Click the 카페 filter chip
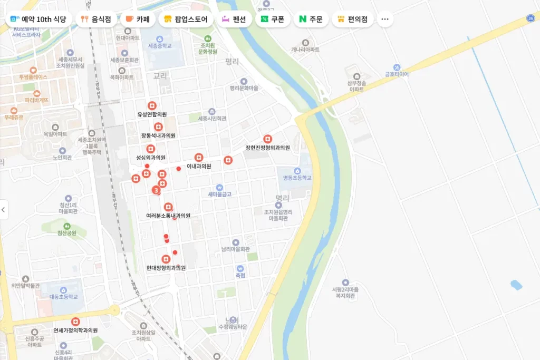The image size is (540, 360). click(137, 20)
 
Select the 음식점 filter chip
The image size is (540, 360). click(95, 20)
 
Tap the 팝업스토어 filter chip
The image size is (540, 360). click(186, 20)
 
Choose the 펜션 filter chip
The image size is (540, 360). click(234, 20)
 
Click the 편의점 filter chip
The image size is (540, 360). click(352, 20)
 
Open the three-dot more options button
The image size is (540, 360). click(384, 20)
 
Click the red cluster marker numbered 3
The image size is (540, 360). click(156, 190)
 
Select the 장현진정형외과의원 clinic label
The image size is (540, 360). click(267, 148)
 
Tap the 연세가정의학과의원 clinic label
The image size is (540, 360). click(76, 330)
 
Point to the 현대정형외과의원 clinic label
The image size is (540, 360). click(166, 267)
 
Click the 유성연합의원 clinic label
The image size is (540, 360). click(152, 114)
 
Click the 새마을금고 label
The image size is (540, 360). click(219, 194)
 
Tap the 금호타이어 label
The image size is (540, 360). click(397, 74)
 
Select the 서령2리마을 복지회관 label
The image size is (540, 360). click(345, 293)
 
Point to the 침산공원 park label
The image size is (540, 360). click(67, 232)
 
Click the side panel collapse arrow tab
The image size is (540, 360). click(4, 210)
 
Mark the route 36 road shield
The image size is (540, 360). click(531, 18)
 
